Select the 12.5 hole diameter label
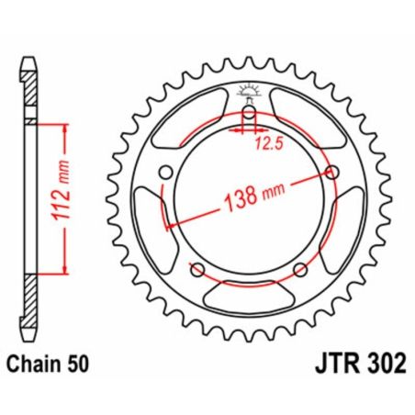tap(267, 142)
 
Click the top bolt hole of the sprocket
tap(248, 114)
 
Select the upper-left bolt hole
tap(165, 174)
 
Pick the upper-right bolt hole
tap(331, 174)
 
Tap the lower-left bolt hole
tap(196, 269)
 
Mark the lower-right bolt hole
tap(299, 269)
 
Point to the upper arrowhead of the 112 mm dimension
tap(65, 128)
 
